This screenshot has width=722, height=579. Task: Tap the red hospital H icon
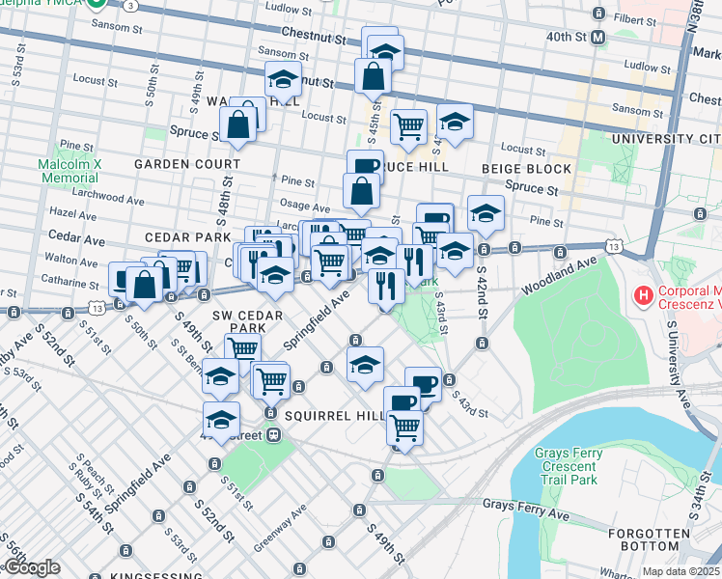pos(641,292)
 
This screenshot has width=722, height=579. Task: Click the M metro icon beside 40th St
pos(598,38)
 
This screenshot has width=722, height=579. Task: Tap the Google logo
pos(31,568)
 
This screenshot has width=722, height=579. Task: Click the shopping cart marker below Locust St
pos(409,125)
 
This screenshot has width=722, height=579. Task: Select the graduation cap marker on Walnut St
pos(283,78)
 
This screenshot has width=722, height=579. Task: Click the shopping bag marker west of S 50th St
pos(144,283)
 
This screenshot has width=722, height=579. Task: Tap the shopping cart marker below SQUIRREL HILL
pos(404,427)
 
